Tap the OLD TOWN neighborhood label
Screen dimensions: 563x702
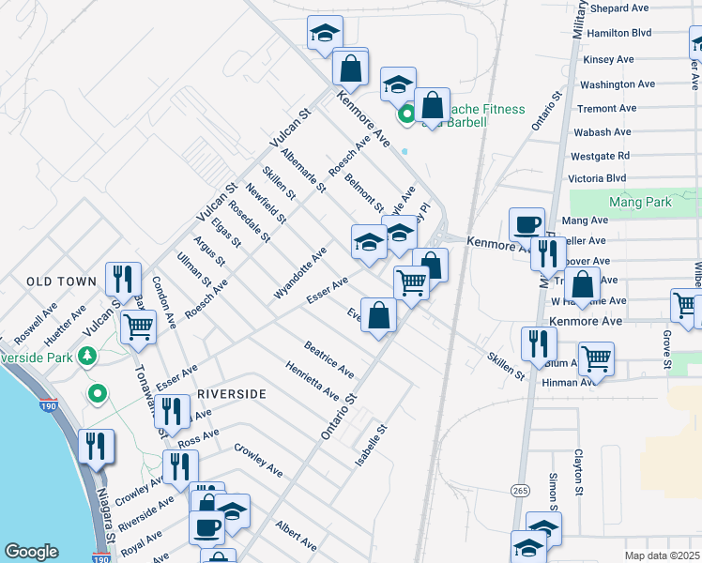(x=62, y=281)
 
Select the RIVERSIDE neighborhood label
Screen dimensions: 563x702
(x=230, y=395)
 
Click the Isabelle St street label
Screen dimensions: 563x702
(x=371, y=445)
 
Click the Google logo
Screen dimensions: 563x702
(x=31, y=552)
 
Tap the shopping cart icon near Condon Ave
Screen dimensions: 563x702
(x=138, y=327)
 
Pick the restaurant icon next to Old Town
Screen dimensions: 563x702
(x=123, y=279)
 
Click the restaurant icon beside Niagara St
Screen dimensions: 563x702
(x=97, y=447)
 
